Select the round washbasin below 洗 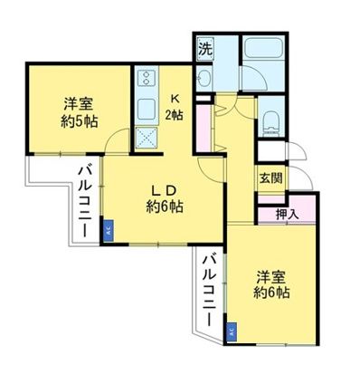pyautogui.click(x=205, y=80)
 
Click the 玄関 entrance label pyautogui.click(x=270, y=178)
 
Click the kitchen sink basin pyautogui.click(x=145, y=112)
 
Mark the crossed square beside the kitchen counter pyautogui.click(x=145, y=138)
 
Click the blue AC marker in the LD pyautogui.click(x=108, y=230)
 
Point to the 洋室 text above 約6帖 pyautogui.click(x=270, y=275)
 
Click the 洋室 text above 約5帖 pyautogui.click(x=80, y=102)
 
